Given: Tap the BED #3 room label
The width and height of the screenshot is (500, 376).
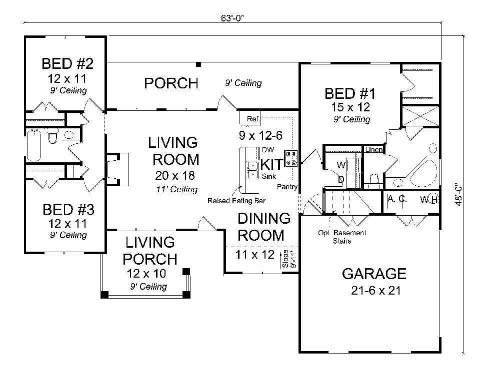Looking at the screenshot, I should (x=68, y=208).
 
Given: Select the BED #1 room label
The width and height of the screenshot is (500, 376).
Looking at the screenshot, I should (x=349, y=93).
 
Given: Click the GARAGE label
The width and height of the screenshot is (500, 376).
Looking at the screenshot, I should (x=373, y=274).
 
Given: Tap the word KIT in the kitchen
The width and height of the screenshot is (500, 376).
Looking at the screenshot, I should (x=271, y=163).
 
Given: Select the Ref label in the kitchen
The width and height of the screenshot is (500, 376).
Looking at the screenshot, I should (x=252, y=119).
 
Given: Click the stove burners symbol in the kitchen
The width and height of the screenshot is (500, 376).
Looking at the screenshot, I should (x=291, y=158).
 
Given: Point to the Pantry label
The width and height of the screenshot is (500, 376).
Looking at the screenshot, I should (x=287, y=187).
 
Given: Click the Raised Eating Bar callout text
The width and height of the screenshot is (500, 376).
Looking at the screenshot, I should (x=236, y=201).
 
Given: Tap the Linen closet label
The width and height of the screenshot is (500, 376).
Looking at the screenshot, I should (x=373, y=150).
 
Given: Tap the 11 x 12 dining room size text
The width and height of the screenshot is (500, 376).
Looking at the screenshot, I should (x=255, y=255).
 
